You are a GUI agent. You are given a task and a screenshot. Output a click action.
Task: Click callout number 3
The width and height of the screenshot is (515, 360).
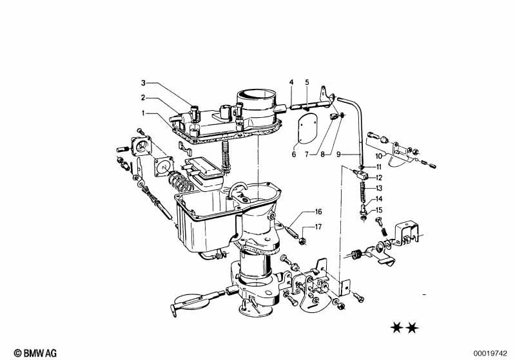click(x=143, y=82)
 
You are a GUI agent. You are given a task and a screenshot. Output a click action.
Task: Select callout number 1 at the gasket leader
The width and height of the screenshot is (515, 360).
click(x=143, y=113)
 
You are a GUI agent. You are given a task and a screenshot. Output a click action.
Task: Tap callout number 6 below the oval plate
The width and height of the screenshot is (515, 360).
click(x=294, y=154)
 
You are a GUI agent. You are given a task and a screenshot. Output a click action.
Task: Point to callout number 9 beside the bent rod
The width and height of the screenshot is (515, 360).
click(x=338, y=154)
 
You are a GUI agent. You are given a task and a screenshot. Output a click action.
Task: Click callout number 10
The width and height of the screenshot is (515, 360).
click(x=379, y=156)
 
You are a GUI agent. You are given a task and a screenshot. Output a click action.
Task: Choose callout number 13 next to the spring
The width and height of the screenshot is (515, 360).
click(x=379, y=188)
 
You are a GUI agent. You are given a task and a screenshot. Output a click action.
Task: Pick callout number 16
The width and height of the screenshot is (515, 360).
click(x=318, y=212)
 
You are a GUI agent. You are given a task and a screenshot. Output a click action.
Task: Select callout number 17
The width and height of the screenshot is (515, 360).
click(x=318, y=227)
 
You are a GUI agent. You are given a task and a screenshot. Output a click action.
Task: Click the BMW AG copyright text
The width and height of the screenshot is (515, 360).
click(x=35, y=353)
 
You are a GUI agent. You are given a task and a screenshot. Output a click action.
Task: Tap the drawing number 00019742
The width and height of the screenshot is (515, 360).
click(x=491, y=354)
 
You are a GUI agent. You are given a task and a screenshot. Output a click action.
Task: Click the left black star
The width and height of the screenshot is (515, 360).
click(x=397, y=328)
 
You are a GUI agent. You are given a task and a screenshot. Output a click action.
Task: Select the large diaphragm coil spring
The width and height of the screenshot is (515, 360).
click(x=180, y=182)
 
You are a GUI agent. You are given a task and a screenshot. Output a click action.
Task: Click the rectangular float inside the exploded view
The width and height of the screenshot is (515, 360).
click(x=204, y=174)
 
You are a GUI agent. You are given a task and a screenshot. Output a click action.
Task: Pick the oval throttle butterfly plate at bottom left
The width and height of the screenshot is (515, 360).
click(x=191, y=302)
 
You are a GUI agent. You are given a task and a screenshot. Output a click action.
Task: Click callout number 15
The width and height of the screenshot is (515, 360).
click(x=379, y=210)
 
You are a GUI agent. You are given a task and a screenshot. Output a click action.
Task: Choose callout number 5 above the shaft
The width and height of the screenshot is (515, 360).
click(x=307, y=82)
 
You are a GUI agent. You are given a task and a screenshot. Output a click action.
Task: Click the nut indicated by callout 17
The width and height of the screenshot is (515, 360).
click(x=302, y=242)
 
